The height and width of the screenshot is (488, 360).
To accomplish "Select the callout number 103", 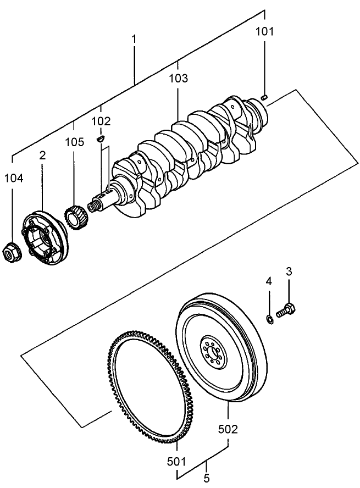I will click(x=178, y=79).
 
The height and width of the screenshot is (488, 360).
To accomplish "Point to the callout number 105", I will click(x=74, y=142).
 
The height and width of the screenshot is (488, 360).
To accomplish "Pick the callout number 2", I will click(x=42, y=156).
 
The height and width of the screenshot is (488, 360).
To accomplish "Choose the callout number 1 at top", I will click(x=134, y=40).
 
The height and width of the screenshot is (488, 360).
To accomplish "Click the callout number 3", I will click(x=289, y=271).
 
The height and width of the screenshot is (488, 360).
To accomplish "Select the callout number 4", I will click(x=269, y=281).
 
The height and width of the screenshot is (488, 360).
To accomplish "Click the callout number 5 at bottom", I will click(x=207, y=479).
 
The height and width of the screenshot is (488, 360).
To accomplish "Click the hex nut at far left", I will click(x=12, y=254).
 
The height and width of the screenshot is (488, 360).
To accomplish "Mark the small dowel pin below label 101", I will click(x=264, y=97).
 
